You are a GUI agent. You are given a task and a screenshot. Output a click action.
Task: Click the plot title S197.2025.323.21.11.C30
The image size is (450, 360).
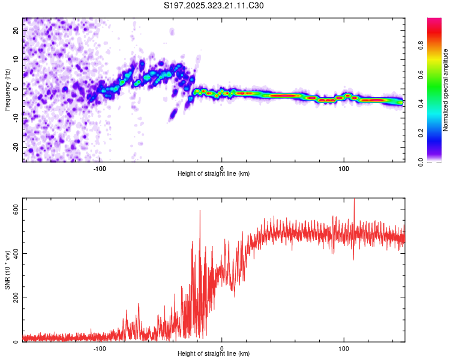point(214,6)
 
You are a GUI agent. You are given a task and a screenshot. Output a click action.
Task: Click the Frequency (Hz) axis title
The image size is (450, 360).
point(7,89)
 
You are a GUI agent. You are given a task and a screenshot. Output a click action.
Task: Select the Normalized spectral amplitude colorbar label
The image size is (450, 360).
point(446,90)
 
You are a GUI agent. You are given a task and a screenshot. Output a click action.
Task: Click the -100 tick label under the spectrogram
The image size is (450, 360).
point(100,167)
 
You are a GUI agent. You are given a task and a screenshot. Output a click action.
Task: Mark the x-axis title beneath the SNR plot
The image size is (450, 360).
point(214,354)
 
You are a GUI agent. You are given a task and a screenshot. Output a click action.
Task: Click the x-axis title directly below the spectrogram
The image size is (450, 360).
point(214,173)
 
